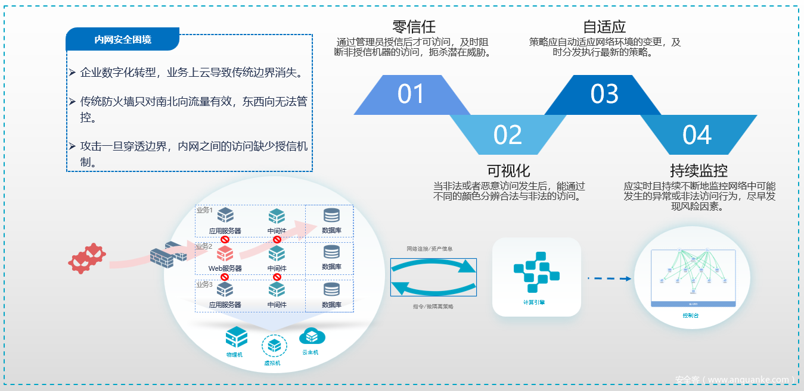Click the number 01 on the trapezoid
tap(411, 94)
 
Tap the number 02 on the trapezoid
tap(508, 135)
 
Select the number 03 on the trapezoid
tap(604, 94)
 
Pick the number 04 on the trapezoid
tap(697, 135)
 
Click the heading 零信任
tap(414, 27)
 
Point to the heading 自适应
tap(604, 27)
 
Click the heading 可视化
tap(508, 171)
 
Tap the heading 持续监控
tap(699, 171)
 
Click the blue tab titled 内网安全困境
tap(123, 39)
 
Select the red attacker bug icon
tap(87, 258)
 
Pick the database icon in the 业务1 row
tap(331, 215)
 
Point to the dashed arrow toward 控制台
tap(609, 278)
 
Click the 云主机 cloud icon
tap(311, 336)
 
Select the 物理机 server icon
tap(236, 337)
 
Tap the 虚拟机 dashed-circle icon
tap(274, 345)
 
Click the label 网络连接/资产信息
tap(429, 248)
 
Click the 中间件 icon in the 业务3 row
tap(277, 290)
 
